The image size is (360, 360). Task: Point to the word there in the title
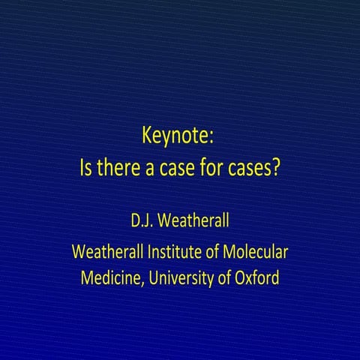pos(119,166)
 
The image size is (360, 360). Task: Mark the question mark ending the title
pos(276,166)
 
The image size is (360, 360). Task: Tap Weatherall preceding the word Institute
pos(108,250)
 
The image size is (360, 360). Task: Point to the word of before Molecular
pos(217,250)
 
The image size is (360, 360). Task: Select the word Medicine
pos(111,277)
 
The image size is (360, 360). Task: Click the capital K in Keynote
pos(147,137)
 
